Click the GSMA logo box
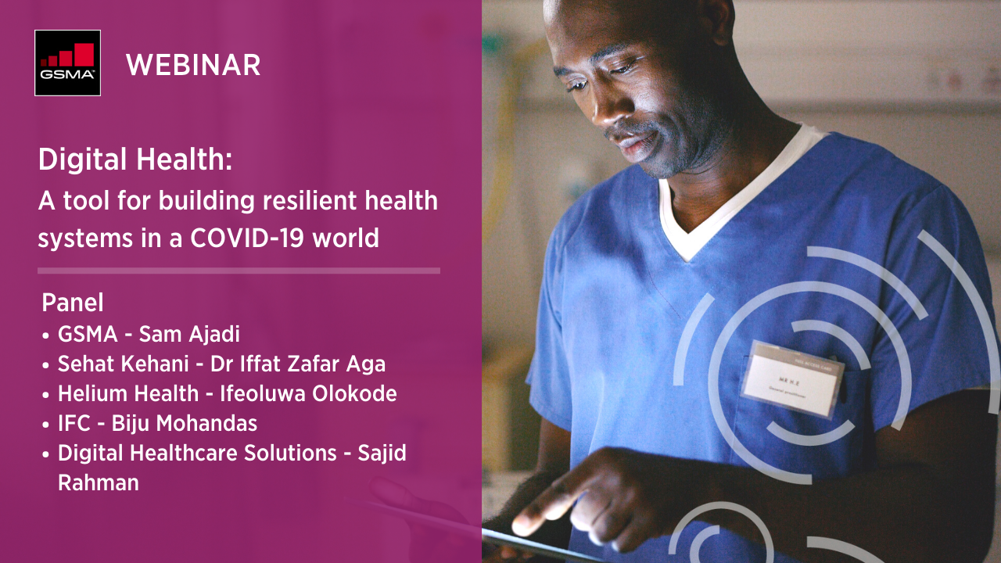pyautogui.click(x=67, y=63)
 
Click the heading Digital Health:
pyautogui.click(x=135, y=161)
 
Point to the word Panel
pyautogui.click(x=73, y=303)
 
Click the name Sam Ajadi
pyautogui.click(x=189, y=335)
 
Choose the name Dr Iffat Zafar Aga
pyautogui.click(x=298, y=364)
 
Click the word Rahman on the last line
pyautogui.click(x=99, y=482)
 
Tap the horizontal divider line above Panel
pyautogui.click(x=239, y=271)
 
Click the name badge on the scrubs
pyautogui.click(x=791, y=378)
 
